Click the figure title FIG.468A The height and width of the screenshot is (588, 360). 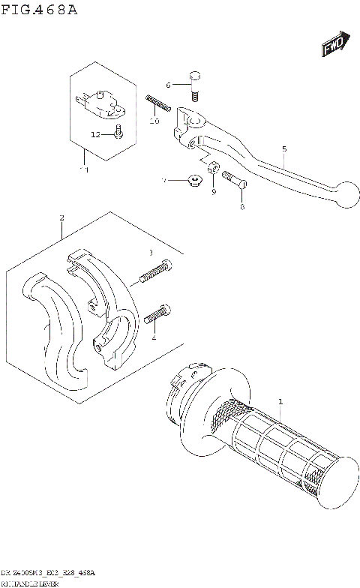[38, 10]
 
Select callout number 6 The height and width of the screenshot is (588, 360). [169, 84]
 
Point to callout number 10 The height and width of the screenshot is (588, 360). [154, 121]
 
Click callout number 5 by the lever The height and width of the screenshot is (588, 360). [284, 148]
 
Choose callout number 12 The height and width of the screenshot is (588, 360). [95, 134]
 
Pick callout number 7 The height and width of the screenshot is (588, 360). [163, 181]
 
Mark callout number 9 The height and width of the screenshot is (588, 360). [213, 193]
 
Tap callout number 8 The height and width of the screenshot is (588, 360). [241, 206]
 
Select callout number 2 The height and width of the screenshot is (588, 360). [61, 218]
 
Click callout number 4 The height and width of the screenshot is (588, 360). [154, 337]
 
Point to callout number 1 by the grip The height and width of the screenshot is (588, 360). [280, 401]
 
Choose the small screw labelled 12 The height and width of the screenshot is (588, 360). [118, 134]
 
